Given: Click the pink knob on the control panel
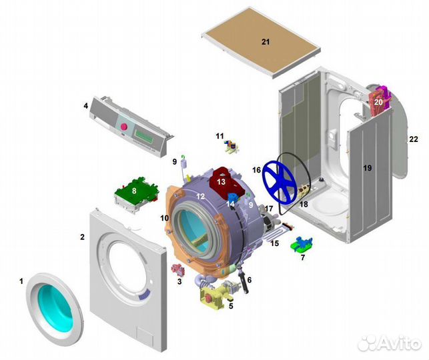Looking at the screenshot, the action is coord(123,126).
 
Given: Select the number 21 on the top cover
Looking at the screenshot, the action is coord(266,42).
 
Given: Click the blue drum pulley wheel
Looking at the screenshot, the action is coord(280,183).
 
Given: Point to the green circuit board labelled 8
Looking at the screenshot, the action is coord(137,191).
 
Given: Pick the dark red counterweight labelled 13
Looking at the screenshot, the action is coord(225,182).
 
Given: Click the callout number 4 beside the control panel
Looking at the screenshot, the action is coord(86,105).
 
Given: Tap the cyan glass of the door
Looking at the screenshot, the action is coord(55,308).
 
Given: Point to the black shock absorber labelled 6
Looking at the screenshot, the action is coord(244,281).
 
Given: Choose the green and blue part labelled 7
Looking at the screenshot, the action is coord(302,244).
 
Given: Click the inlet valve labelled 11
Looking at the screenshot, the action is coord(232,147).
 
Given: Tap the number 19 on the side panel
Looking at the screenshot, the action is coord(368,168).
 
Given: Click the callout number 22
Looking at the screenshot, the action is coord(414,139).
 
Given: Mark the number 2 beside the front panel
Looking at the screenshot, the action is coord(82,237).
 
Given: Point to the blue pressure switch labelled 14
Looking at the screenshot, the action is coord(232,198).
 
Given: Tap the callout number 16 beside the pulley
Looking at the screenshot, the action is coord(256,170).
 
